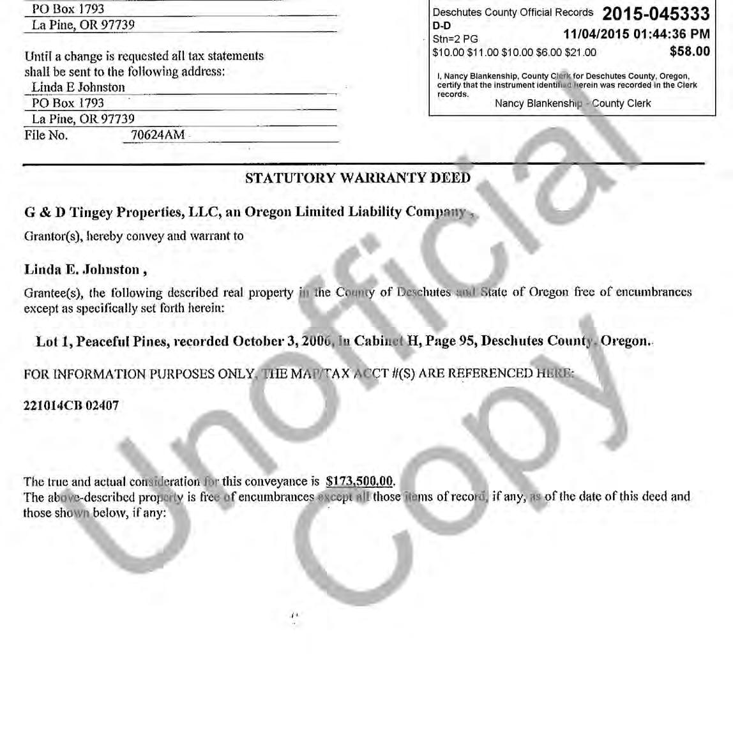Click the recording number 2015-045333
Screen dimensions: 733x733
tap(656, 13)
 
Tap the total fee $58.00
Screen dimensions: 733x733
tap(690, 51)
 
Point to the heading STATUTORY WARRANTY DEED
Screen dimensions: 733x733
tap(358, 178)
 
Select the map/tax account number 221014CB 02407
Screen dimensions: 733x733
tap(71, 405)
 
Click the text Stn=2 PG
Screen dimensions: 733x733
tap(455, 39)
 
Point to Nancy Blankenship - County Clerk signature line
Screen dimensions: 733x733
tap(573, 103)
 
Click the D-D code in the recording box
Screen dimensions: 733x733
tap(441, 26)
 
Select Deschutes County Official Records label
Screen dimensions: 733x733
tap(513, 13)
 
